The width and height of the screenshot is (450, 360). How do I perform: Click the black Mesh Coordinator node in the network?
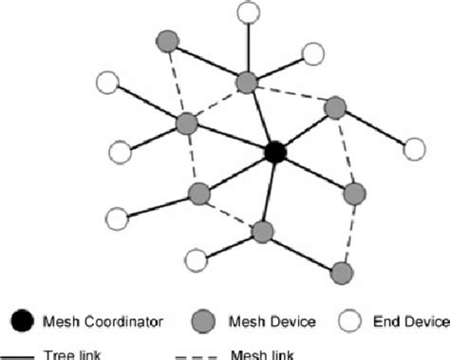pyautogui.click(x=275, y=152)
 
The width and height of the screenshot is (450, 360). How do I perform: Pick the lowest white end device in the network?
pyautogui.click(x=197, y=258)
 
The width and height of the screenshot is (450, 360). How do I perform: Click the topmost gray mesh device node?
pyautogui.click(x=168, y=42)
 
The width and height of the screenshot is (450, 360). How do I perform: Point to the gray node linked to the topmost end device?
pyautogui.click(x=248, y=82)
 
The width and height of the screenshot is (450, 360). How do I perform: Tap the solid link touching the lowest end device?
pyautogui.click(x=230, y=244)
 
